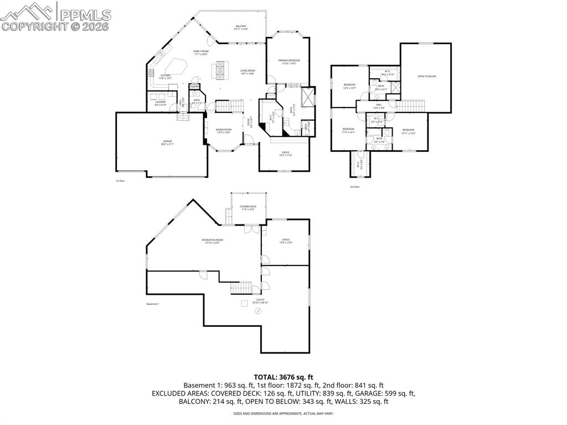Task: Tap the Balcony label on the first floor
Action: [x=241, y=27]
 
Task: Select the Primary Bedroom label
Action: [x=289, y=62]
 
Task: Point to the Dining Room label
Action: [x=224, y=130]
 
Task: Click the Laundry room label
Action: [x=161, y=103]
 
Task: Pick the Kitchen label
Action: [x=165, y=76]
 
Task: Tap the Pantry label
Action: [x=194, y=86]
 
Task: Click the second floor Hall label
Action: [x=379, y=105]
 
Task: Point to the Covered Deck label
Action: [x=248, y=207]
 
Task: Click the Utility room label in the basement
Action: [x=260, y=301]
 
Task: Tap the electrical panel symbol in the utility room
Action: [x=244, y=304]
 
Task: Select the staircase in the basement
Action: [x=241, y=288]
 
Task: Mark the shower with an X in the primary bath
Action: [x=307, y=96]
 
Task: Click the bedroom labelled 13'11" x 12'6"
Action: [x=409, y=131]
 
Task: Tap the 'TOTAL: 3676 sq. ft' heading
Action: [x=283, y=377]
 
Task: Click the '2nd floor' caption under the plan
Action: [x=354, y=187]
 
